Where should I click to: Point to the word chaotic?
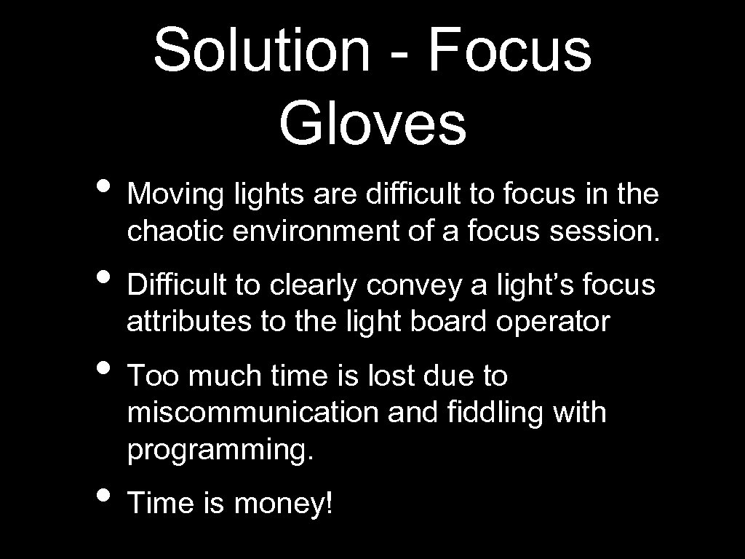[175, 231]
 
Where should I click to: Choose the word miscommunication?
[252, 413]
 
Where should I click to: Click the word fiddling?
[482, 413]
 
